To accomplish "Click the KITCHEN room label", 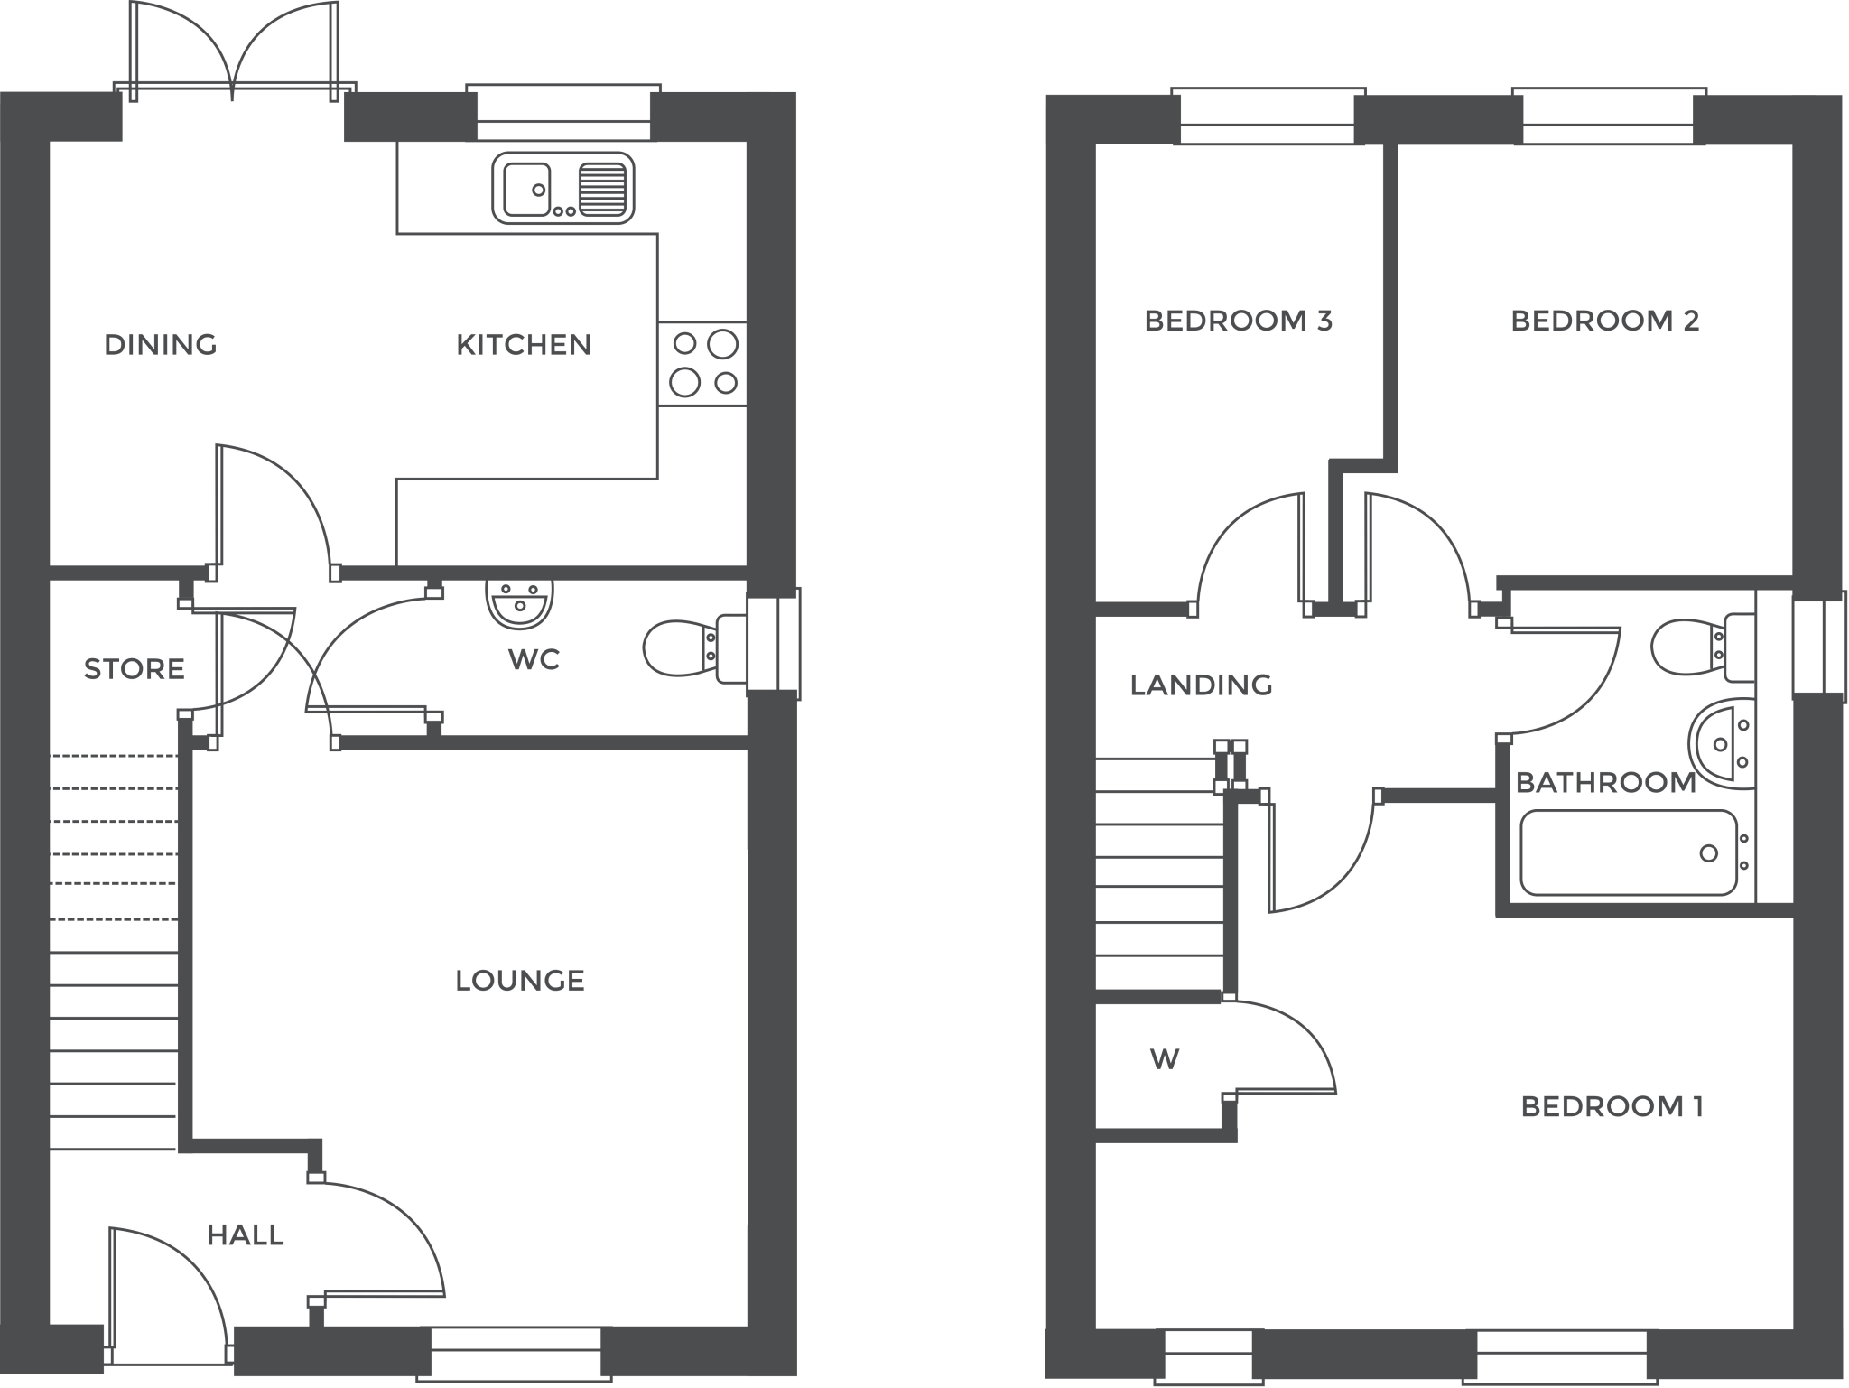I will [523, 345].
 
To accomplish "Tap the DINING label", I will [161, 345].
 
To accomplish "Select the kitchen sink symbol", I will [562, 188].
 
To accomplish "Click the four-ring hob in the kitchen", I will [702, 364].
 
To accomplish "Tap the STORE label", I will [135, 669].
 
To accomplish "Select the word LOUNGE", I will [520, 981].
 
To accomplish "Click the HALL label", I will [246, 1235].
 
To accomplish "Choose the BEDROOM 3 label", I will [1238, 321].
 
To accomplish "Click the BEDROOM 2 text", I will [1604, 321].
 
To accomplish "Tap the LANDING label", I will [1201, 685].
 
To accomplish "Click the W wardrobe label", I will [1165, 1058].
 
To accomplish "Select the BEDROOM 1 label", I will [1612, 1106].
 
